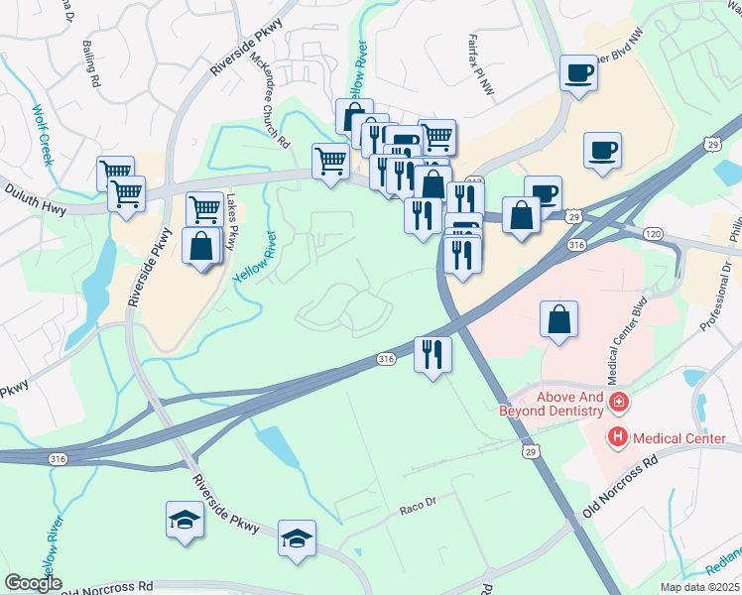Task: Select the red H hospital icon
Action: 618,436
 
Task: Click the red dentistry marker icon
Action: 618,402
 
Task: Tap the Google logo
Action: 33,582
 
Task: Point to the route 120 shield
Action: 652,232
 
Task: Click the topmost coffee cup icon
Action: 578,72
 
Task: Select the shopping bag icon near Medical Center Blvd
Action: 559,319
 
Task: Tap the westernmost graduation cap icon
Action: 184,520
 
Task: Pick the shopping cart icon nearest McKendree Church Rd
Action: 330,160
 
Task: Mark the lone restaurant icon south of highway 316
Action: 432,354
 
